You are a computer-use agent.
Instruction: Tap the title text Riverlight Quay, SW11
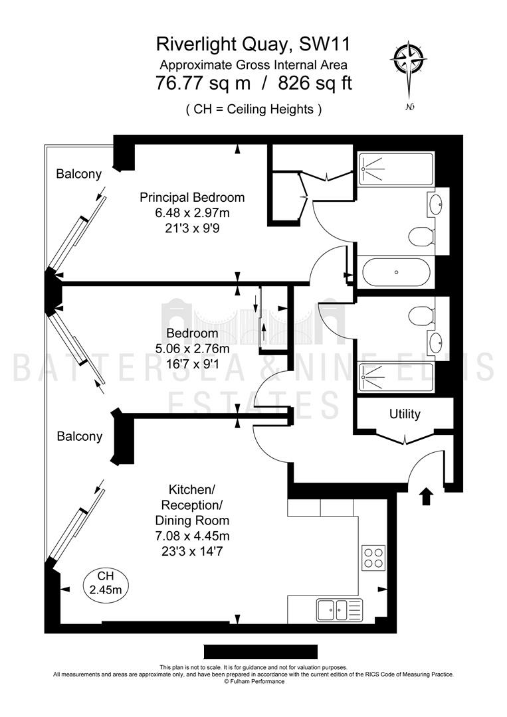click(254, 44)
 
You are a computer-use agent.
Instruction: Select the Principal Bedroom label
click(192, 197)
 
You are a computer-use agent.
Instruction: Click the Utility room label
click(405, 414)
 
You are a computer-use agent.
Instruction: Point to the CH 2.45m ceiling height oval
click(106, 583)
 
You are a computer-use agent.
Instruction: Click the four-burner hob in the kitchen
click(373, 558)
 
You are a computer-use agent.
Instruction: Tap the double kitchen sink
click(340, 609)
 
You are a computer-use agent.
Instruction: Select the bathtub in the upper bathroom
click(396, 272)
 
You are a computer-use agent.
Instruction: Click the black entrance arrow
click(426, 496)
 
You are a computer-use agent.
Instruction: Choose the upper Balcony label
click(78, 174)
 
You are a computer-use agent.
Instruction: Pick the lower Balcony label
click(80, 436)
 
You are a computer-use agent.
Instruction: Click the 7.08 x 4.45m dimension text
click(192, 536)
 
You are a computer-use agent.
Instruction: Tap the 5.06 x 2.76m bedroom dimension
click(192, 349)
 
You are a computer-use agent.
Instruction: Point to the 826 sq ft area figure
click(315, 84)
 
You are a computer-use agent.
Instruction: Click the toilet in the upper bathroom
click(421, 237)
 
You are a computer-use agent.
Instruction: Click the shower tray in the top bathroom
click(396, 169)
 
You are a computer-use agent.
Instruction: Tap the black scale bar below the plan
click(260, 652)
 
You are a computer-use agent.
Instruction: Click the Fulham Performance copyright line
click(254, 681)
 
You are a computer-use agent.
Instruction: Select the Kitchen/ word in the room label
click(192, 490)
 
